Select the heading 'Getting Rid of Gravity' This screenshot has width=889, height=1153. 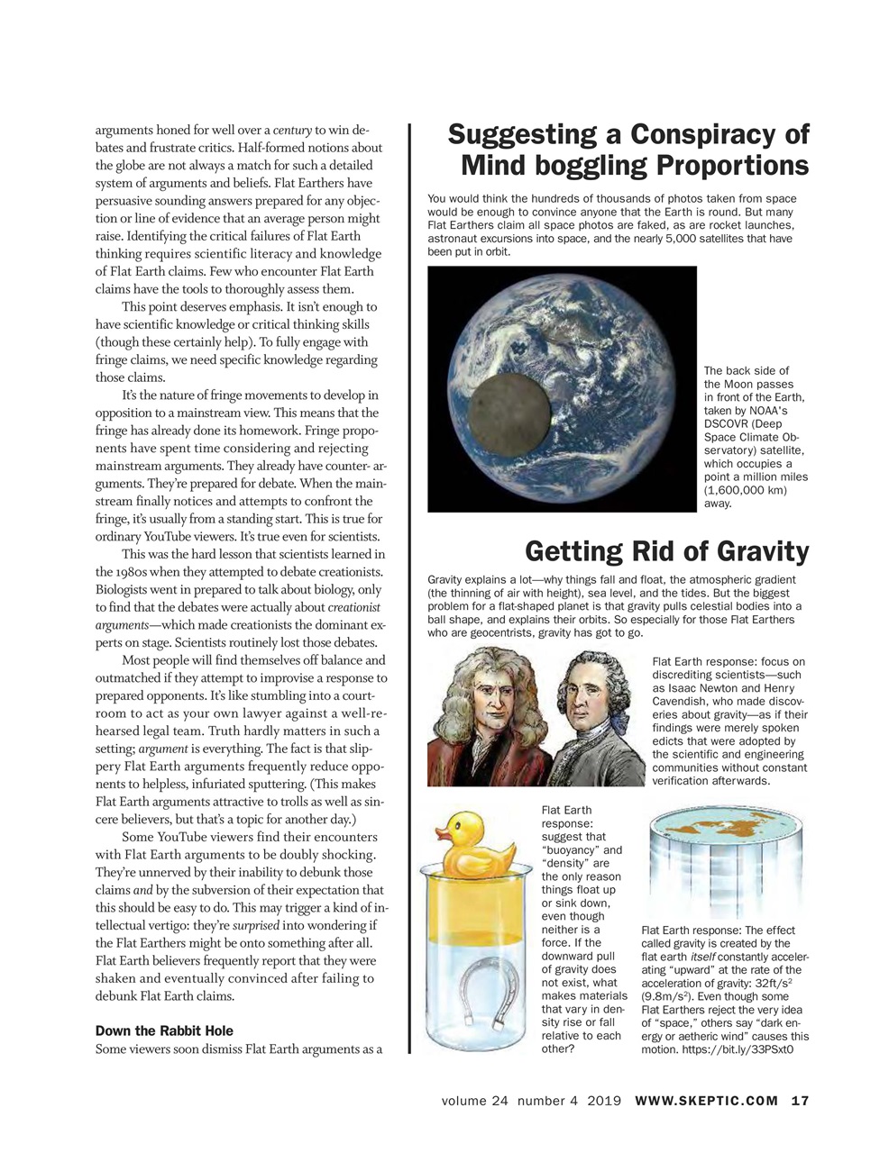[x=666, y=550]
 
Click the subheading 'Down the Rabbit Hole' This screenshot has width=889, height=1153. [x=164, y=1030]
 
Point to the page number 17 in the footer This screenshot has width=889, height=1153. [x=801, y=1100]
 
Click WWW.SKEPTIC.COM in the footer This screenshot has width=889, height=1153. [x=706, y=1100]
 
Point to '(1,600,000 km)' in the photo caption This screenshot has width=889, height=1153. [x=745, y=490]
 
